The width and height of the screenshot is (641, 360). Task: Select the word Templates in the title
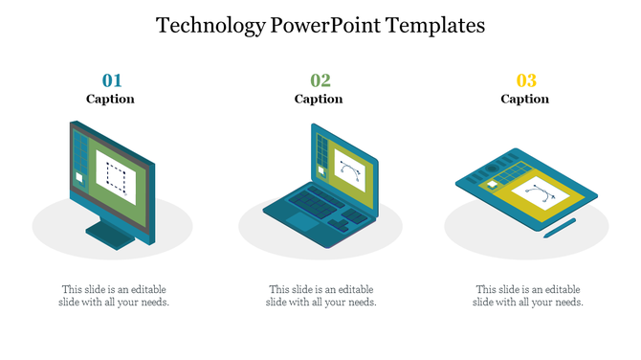tap(438, 26)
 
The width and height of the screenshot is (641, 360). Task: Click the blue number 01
tap(112, 80)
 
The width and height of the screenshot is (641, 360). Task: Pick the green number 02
tap(320, 80)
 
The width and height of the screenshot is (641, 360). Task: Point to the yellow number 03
tap(526, 80)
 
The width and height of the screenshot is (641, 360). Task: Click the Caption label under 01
tap(111, 99)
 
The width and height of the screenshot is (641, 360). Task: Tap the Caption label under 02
tap(319, 99)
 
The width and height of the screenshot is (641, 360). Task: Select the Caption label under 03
tap(525, 99)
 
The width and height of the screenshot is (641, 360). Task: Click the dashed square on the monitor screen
tap(116, 177)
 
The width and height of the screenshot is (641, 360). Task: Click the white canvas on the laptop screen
tap(349, 173)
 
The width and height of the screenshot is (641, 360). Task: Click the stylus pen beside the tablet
tap(560, 227)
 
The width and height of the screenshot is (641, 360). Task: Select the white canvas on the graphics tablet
tap(541, 197)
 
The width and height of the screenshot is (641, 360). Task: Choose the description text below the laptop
tap(320, 296)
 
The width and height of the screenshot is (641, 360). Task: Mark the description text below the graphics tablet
tap(528, 296)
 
